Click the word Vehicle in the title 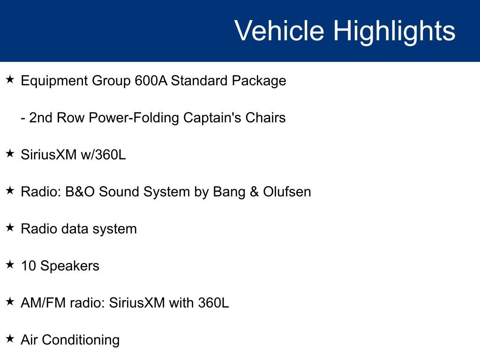279,31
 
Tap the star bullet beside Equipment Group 10,80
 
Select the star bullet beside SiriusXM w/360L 10,154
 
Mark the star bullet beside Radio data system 10,228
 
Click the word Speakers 70,266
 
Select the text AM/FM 43,303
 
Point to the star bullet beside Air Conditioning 10,339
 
